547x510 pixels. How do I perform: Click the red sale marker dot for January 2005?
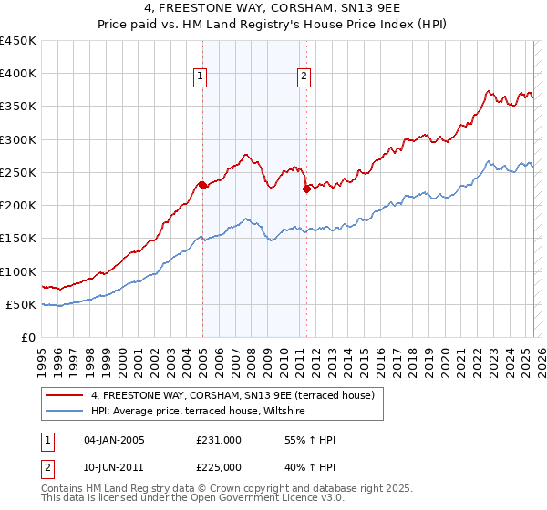pyautogui.click(x=202, y=185)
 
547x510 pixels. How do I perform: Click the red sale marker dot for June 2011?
pyautogui.click(x=306, y=189)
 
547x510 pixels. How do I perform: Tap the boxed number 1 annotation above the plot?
pyautogui.click(x=200, y=77)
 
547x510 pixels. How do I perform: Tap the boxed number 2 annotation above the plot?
pyautogui.click(x=304, y=77)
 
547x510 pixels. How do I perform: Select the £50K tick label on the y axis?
pyautogui.click(x=22, y=304)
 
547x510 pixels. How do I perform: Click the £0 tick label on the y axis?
pyautogui.click(x=28, y=337)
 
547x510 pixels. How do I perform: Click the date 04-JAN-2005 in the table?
pyautogui.click(x=115, y=440)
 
